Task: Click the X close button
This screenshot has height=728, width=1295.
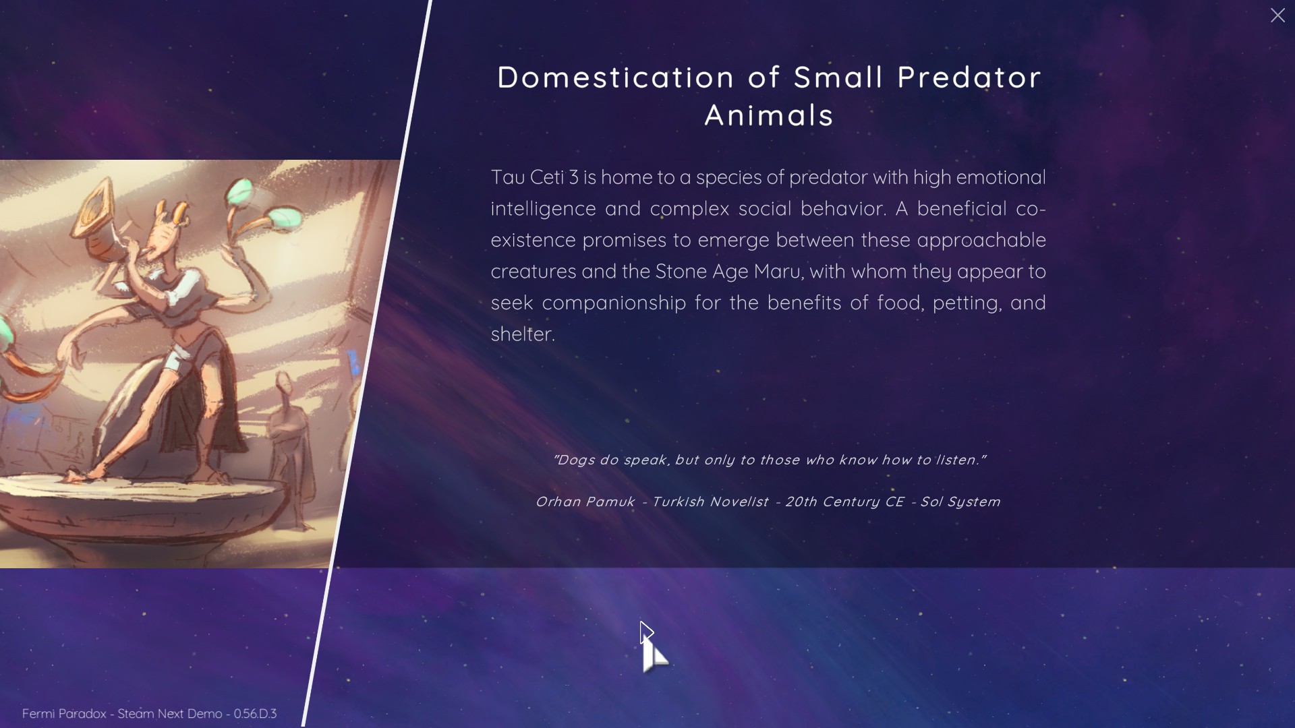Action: click(1277, 16)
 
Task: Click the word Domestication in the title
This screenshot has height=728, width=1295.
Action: click(616, 78)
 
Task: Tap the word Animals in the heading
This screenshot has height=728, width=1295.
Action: click(770, 115)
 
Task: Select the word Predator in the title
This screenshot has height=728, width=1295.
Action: click(969, 78)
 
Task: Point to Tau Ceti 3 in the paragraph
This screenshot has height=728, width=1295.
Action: click(535, 177)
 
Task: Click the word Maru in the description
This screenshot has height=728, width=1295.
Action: click(778, 272)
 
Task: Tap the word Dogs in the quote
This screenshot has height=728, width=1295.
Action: click(577, 460)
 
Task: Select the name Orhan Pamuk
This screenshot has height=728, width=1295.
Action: click(585, 502)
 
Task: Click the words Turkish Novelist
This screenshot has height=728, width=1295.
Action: click(710, 502)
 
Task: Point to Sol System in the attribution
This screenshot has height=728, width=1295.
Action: click(960, 502)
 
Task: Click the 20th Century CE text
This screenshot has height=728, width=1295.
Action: click(844, 502)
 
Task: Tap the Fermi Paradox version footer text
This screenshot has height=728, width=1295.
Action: click(150, 714)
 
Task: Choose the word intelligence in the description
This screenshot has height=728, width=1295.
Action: click(544, 210)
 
